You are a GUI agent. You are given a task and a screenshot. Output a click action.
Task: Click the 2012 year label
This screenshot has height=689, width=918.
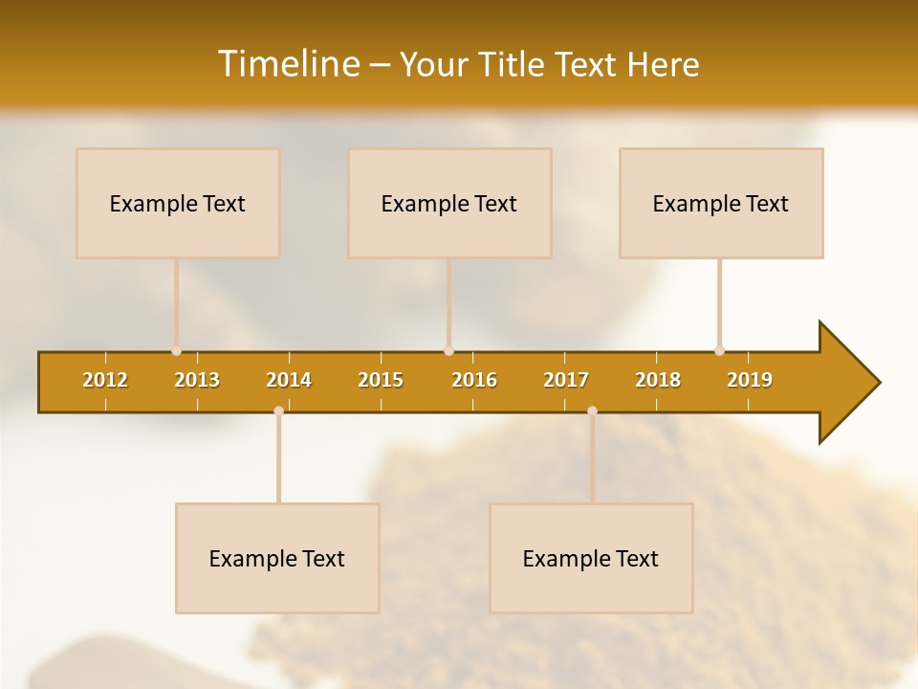pos(105,380)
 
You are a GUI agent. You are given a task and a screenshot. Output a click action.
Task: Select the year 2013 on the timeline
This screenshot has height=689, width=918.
pos(197,380)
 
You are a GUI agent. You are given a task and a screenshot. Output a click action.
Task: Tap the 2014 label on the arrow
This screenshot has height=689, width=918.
pos(289,380)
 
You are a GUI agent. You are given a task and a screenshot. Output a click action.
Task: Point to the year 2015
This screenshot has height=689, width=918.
pos(381,380)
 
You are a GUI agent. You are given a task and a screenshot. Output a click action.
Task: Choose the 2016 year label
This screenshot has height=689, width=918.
pos(474,380)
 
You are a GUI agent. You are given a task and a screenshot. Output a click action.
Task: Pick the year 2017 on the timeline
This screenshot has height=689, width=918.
pos(566,380)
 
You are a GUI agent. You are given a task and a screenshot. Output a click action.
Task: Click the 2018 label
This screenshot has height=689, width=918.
pos(658,380)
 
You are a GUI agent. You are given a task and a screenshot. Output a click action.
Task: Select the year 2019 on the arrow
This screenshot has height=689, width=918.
pos(750,380)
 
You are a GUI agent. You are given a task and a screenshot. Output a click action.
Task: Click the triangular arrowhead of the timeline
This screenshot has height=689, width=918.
pos(847,383)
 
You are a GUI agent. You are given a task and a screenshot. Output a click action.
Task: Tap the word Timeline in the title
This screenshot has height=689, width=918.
pos(288,64)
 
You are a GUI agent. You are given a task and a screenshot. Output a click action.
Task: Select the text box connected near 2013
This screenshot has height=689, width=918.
pos(178,203)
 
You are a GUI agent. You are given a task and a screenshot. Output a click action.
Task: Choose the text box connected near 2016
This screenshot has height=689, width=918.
pos(449,203)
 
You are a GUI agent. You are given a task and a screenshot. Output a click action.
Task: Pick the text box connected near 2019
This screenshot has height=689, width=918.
pos(721,203)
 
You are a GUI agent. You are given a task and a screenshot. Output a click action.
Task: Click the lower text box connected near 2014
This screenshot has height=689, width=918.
pos(277,558)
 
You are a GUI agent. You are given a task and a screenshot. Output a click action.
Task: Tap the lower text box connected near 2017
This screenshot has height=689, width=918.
pos(591,558)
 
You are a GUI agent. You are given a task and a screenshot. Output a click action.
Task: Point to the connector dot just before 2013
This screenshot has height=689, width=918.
pos(176,351)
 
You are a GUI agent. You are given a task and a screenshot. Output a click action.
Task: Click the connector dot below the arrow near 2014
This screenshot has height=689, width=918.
pos(278,411)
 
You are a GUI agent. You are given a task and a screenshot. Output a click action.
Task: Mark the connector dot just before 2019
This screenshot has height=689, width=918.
pos(719,351)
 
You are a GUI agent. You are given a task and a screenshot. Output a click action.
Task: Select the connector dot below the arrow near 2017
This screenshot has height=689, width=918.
pos(592,411)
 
